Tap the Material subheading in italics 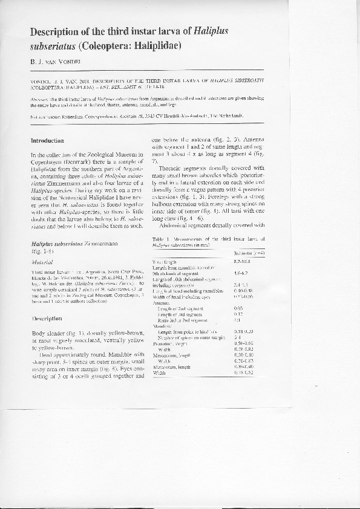tap(42, 264)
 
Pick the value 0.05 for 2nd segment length tap(238, 308)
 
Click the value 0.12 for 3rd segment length tap(238, 314)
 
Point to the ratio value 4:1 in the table tap(237, 320)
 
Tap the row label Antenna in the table tap(162, 302)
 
